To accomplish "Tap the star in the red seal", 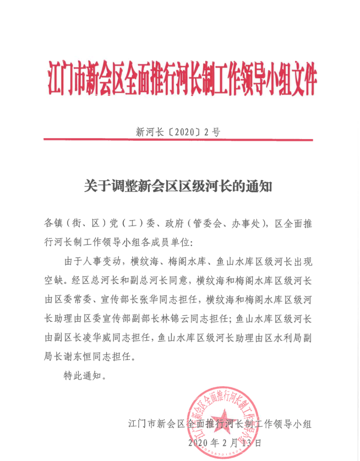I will [x=225, y=420].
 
